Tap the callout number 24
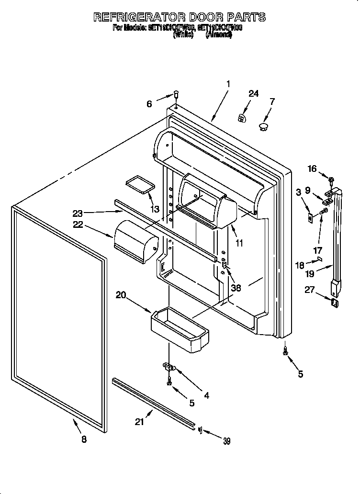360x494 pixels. pos(253,93)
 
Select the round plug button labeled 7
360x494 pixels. pos(263,126)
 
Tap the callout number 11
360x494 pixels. pos(239,243)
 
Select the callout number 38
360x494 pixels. pos(236,288)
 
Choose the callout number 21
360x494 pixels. pos(140,422)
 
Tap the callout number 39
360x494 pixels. pos(226,441)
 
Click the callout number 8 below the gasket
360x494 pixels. pos(84,439)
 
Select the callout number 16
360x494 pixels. pos(312,168)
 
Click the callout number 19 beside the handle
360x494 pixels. pos(310,274)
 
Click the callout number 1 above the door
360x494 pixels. pos(228,84)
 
